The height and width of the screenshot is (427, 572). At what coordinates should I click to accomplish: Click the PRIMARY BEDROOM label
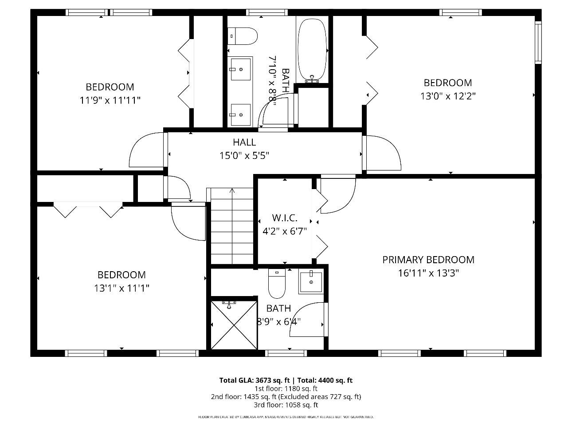(x=428, y=260)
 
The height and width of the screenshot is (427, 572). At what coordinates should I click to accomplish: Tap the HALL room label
(x=244, y=142)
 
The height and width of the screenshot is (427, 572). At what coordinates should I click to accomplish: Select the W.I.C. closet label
(x=284, y=218)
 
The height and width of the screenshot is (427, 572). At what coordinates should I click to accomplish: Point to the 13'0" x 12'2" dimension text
(x=448, y=96)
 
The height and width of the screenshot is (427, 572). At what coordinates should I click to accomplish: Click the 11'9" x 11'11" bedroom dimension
(x=110, y=100)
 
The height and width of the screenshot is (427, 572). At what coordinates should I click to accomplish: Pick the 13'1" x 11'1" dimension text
(x=121, y=288)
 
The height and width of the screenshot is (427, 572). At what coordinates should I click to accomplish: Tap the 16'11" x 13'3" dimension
(x=428, y=273)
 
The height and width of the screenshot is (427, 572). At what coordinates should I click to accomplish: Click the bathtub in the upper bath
(x=313, y=50)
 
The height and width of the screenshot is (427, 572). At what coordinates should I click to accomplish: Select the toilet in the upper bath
(x=243, y=36)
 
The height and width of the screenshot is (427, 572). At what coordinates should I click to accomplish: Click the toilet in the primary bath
(x=277, y=284)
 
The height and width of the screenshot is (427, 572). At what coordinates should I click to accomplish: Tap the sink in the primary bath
(x=311, y=281)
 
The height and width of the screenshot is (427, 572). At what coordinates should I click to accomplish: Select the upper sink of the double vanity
(x=240, y=69)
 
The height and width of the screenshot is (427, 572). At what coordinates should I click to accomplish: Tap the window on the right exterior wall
(x=538, y=42)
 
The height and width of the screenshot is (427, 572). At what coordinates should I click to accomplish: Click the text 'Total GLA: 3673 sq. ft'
(x=254, y=380)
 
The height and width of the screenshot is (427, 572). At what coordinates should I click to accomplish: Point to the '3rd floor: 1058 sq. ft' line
(x=286, y=405)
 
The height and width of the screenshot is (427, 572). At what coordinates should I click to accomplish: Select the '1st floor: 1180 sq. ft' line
(x=286, y=388)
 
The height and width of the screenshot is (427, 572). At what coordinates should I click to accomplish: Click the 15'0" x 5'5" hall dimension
(x=244, y=155)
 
